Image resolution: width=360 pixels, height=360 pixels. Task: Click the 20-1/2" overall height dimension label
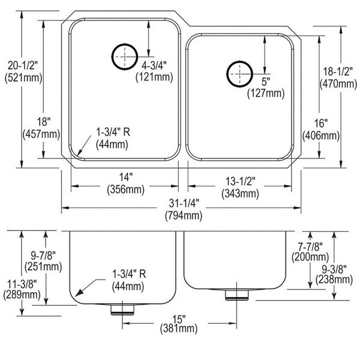(23, 65)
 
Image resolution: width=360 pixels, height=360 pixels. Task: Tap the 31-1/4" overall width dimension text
(184, 203)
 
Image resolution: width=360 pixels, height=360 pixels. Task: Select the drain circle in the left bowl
(125, 57)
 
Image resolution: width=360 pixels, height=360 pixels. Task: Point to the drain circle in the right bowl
(239, 74)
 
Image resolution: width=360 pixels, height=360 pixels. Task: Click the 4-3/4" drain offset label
(154, 66)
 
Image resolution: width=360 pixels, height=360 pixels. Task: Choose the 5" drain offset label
(266, 82)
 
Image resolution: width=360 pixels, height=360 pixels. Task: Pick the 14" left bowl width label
(126, 177)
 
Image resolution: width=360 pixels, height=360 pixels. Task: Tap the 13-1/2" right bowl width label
(240, 181)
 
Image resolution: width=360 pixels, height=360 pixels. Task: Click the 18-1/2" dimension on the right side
(338, 71)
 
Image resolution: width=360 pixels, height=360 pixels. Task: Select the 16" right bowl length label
(321, 123)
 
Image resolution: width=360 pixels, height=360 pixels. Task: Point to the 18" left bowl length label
(44, 122)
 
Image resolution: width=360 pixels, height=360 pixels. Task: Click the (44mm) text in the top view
(112, 145)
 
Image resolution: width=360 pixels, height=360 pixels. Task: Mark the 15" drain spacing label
(179, 319)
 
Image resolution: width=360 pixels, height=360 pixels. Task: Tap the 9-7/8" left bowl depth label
(43, 255)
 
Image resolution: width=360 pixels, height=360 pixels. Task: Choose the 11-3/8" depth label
(22, 284)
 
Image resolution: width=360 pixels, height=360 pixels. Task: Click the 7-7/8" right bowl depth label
(310, 247)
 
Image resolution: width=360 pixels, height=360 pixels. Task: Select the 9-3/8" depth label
(334, 269)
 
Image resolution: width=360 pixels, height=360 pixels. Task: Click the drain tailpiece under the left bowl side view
(122, 310)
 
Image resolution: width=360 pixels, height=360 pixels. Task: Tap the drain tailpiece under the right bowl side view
(237, 295)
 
